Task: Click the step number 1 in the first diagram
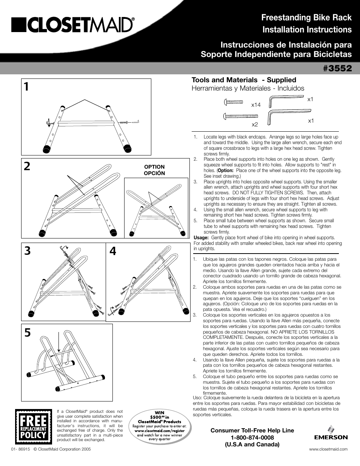click(x=26, y=87)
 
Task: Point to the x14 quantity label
click(x=256, y=105)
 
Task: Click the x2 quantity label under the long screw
click(x=255, y=124)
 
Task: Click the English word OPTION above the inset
click(x=154, y=167)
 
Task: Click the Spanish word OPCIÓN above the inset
click(x=154, y=173)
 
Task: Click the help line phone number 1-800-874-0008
click(x=252, y=437)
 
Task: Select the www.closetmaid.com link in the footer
click(x=328, y=449)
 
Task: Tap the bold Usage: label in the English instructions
click(x=201, y=238)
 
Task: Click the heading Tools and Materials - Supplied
click(x=244, y=80)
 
